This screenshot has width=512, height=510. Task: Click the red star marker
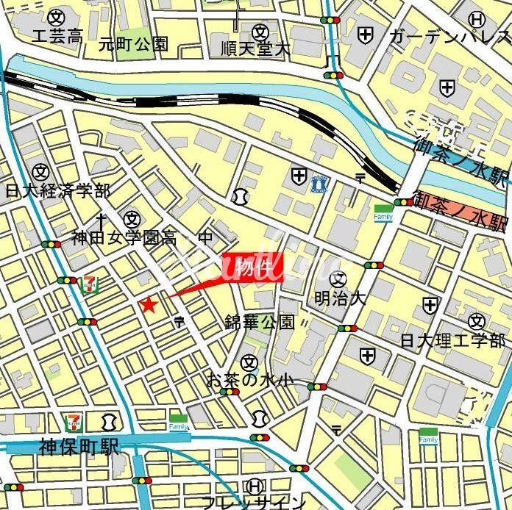(x=149, y=304)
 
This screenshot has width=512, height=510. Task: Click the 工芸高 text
(x=57, y=36)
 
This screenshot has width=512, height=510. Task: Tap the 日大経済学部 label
(x=57, y=191)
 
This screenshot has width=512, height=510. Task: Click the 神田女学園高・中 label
(x=142, y=237)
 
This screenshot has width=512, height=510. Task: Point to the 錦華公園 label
(x=260, y=322)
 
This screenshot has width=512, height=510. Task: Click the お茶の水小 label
(x=249, y=380)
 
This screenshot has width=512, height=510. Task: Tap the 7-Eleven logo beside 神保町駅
(x=74, y=422)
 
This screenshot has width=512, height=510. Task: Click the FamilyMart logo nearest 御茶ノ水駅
(x=383, y=212)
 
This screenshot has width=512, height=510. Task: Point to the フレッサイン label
(x=254, y=503)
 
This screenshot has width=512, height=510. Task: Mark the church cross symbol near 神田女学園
(x=102, y=218)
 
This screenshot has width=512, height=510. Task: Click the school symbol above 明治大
(x=338, y=278)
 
